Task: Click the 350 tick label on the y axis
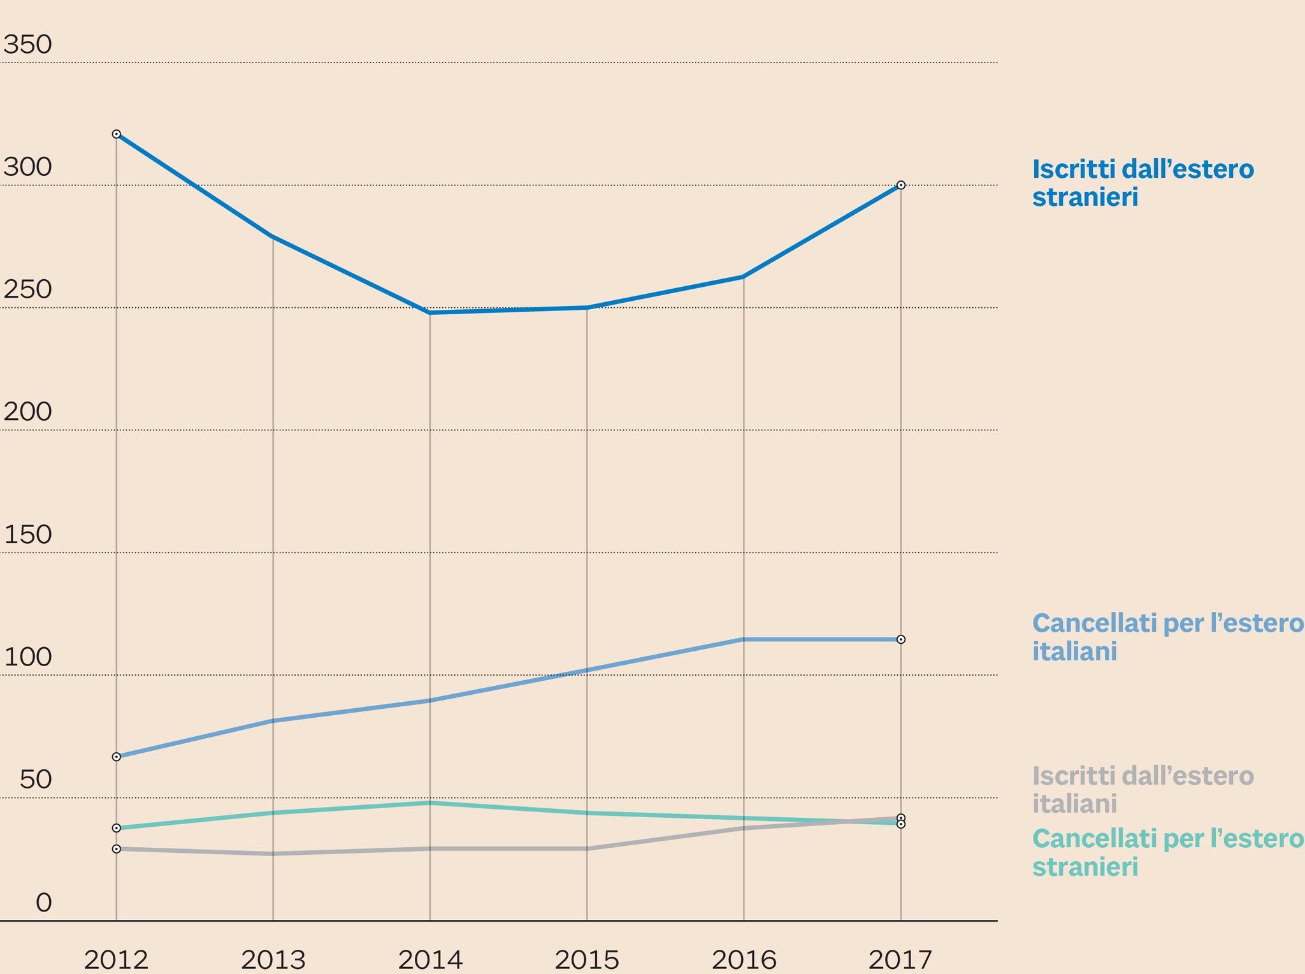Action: [27, 45]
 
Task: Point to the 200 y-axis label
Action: [27, 412]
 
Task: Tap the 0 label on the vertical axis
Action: [43, 903]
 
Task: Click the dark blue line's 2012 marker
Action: [117, 134]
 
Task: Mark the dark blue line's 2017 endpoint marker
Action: [901, 185]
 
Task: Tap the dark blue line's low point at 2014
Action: [430, 313]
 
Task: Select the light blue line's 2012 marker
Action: [117, 757]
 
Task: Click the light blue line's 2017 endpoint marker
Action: [901, 639]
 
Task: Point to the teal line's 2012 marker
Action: [117, 828]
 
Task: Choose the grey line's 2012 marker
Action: [117, 849]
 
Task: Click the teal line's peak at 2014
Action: [430, 803]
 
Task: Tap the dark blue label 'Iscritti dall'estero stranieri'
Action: [1143, 183]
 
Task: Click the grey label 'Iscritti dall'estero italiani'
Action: [1143, 790]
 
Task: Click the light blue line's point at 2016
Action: [744, 639]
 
